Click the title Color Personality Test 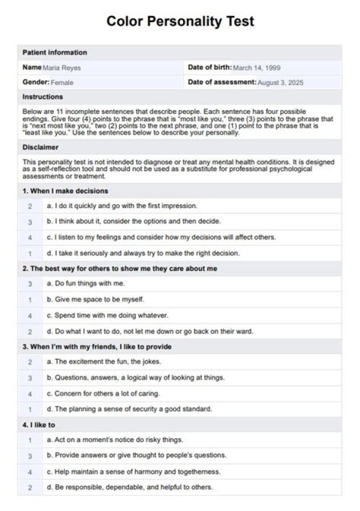[180, 21]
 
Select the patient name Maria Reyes [61, 68]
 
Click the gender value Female [62, 82]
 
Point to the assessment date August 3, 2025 [280, 82]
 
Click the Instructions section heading [42, 97]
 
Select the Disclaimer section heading [40, 147]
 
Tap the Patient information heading [54, 52]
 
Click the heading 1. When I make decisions [65, 191]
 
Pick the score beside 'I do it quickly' [30, 206]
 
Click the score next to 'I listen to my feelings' [30, 237]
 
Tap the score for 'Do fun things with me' [30, 284]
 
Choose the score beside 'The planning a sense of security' [30, 409]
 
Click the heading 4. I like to [39, 425]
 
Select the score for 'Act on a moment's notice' [30, 440]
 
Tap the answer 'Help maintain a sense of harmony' [137, 471]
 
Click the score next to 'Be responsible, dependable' [30, 487]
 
